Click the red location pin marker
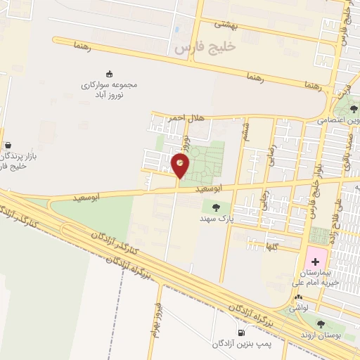coord(181,165)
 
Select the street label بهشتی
coord(226,24)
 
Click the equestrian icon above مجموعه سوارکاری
coord(108,72)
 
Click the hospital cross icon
coord(316,262)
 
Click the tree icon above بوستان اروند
coord(321,324)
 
